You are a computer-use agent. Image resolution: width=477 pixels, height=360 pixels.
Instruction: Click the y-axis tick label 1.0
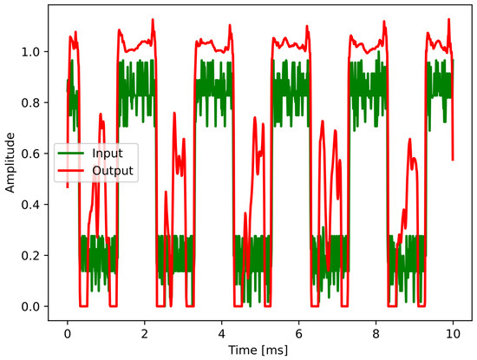(x=36, y=52)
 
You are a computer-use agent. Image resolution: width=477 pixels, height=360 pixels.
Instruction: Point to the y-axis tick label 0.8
(x=36, y=103)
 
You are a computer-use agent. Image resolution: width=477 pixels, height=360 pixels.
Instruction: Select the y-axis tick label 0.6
(x=36, y=154)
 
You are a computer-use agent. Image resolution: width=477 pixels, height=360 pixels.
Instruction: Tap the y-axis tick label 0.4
(x=36, y=205)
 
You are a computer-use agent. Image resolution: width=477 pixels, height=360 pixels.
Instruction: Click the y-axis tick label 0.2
(x=36, y=256)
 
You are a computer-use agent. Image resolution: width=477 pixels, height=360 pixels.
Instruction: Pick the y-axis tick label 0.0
(x=36, y=307)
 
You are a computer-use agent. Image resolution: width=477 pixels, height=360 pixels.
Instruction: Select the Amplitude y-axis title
(x=11, y=162)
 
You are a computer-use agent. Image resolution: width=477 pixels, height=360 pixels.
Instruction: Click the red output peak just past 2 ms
(x=153, y=18)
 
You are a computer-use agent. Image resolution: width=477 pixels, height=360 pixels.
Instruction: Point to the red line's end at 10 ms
(x=453, y=160)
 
